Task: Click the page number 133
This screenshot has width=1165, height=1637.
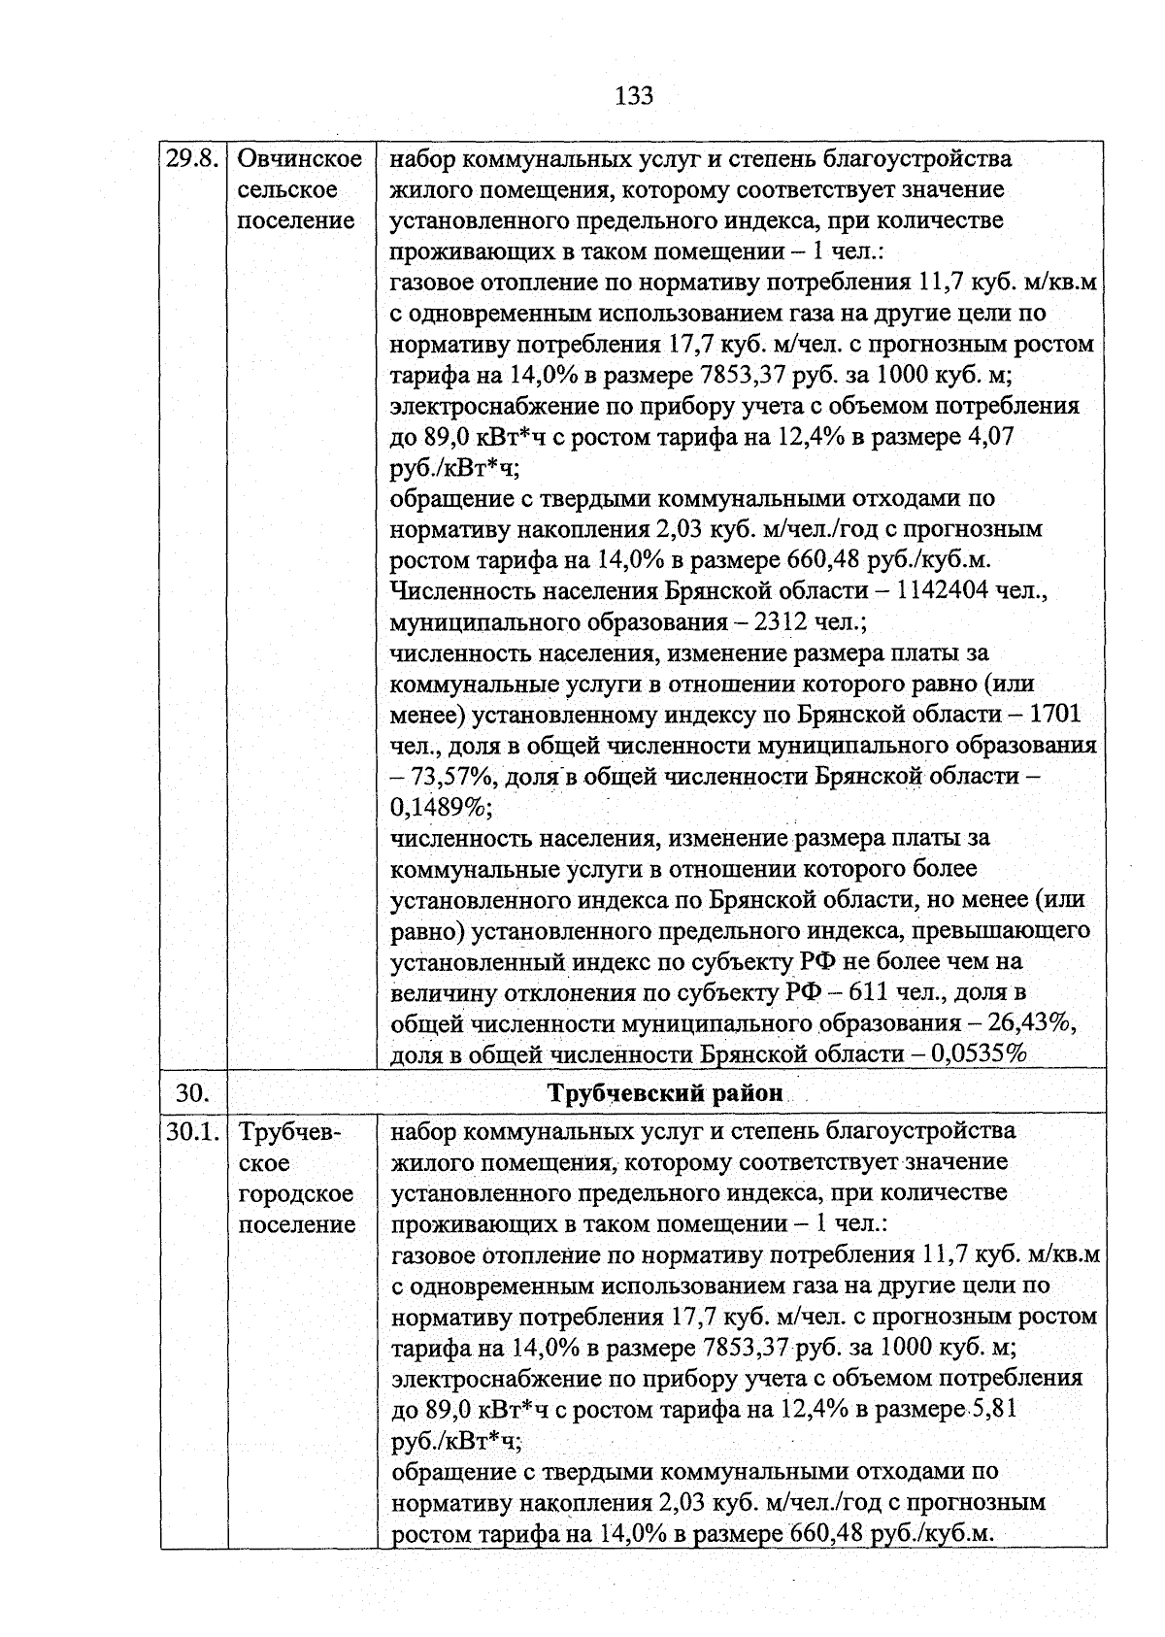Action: click(634, 96)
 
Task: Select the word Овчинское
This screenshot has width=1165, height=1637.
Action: click(299, 158)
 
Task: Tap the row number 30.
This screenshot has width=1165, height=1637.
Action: click(193, 1092)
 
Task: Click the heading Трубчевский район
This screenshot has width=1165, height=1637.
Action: click(666, 1092)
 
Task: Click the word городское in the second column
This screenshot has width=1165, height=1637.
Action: click(296, 1193)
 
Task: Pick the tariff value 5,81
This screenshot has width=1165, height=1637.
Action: click(991, 1409)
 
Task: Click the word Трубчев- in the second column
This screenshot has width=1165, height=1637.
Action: click(289, 1131)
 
